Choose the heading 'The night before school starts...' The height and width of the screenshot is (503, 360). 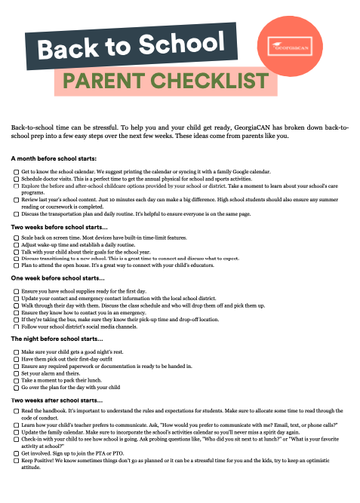tap(60, 339)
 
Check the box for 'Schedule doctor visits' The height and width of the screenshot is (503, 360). tap(17, 179)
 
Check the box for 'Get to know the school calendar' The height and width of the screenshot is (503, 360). tap(17, 172)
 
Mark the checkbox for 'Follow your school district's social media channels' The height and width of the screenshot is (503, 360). tap(17, 326)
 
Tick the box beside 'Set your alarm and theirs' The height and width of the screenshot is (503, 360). tap(17, 373)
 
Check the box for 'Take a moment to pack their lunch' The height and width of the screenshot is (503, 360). tap(17, 380)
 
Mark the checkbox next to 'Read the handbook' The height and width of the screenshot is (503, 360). tap(17, 411)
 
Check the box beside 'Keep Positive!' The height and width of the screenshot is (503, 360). tap(17, 461)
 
